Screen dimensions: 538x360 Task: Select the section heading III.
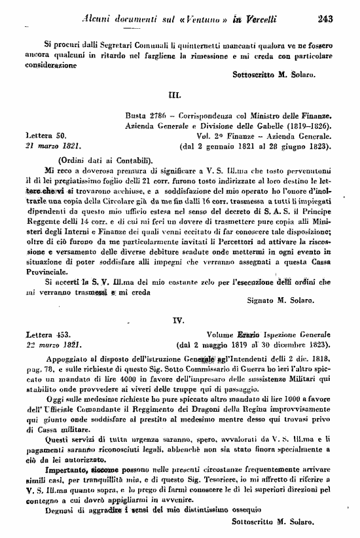coord(175,95)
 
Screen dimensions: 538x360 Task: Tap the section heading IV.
coord(175,321)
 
